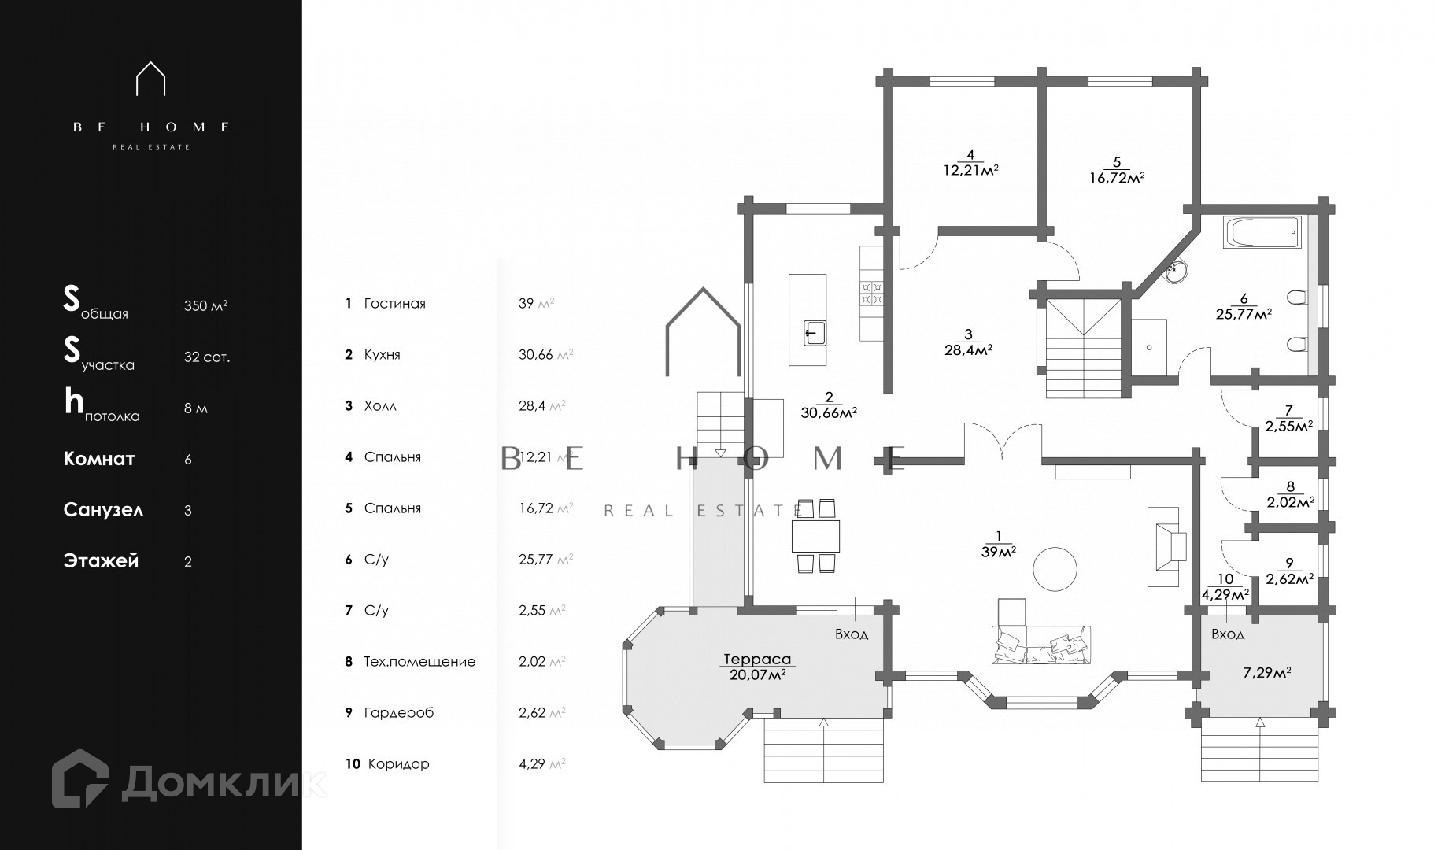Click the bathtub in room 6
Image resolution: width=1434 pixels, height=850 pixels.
click(1262, 234)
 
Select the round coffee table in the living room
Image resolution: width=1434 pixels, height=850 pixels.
click(1055, 569)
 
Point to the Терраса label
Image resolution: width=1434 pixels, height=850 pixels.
click(757, 660)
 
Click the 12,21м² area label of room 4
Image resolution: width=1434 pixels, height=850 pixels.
click(970, 169)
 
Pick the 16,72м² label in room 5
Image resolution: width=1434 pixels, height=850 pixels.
click(1116, 177)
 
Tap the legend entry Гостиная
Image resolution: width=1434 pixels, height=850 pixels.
click(394, 304)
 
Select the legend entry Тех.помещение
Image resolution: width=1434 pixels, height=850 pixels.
click(419, 662)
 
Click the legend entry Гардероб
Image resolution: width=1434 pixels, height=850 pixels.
click(399, 713)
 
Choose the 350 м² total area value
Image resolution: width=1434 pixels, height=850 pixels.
click(206, 305)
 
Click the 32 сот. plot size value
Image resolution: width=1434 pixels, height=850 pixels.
click(207, 357)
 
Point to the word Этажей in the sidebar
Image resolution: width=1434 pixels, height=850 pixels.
click(101, 561)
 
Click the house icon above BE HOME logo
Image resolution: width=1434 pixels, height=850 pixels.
click(151, 79)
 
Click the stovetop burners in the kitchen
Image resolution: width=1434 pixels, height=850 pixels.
click(872, 293)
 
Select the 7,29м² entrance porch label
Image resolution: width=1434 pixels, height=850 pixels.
click(1266, 673)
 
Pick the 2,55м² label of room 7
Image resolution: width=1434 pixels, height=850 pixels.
click(1288, 426)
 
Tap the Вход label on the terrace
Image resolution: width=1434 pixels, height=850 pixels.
click(852, 634)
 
